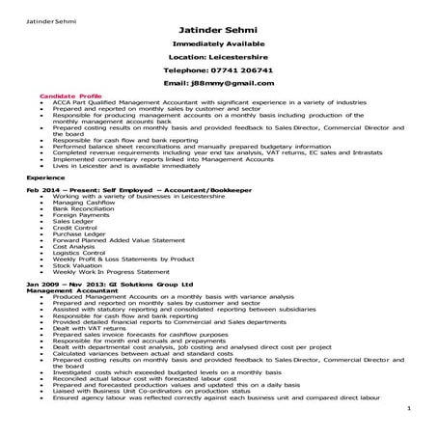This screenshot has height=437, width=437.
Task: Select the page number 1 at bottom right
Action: click(409, 408)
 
